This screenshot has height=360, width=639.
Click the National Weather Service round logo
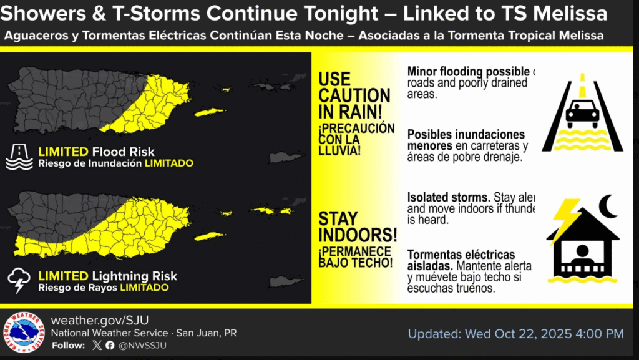pos(24,333)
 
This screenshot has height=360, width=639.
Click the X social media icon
pos(96,345)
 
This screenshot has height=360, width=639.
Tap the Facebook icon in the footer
pos(110,345)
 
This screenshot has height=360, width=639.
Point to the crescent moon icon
pos(607,207)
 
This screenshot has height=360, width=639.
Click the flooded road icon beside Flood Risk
pos(19,157)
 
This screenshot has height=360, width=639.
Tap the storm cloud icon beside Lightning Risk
pos(19,281)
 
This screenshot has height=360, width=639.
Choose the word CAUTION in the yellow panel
pos(354,96)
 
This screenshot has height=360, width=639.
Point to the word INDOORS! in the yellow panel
pos(358,235)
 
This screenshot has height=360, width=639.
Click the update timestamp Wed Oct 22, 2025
pos(515,334)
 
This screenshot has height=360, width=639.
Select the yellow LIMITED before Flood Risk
pos(63,152)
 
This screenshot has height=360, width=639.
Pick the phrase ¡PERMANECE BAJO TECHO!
pos(356,257)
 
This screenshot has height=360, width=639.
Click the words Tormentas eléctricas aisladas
pos(461,260)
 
